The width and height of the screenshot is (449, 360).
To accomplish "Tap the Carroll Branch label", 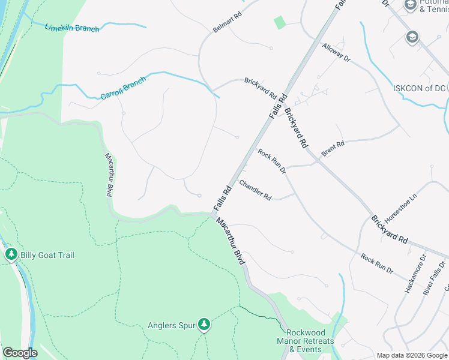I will point(123,88).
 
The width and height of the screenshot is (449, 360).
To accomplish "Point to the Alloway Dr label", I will point(336,52).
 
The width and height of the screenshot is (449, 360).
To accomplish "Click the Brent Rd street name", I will point(333,148).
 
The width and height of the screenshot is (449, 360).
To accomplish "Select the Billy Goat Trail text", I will point(47,255).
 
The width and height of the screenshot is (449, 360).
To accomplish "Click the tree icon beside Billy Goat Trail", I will point(11,255).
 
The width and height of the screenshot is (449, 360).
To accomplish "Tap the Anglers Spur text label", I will point(172,326).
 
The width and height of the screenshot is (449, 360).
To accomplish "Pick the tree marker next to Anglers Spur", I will point(205,325).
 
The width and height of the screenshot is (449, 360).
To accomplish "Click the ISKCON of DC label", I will point(420,88).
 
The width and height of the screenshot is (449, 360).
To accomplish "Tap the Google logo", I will point(20,353).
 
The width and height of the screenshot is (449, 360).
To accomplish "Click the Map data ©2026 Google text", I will point(412,355).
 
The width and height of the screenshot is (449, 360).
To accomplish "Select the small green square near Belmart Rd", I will point(280,22).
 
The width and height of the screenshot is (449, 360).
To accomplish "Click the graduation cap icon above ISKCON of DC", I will point(412,37).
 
